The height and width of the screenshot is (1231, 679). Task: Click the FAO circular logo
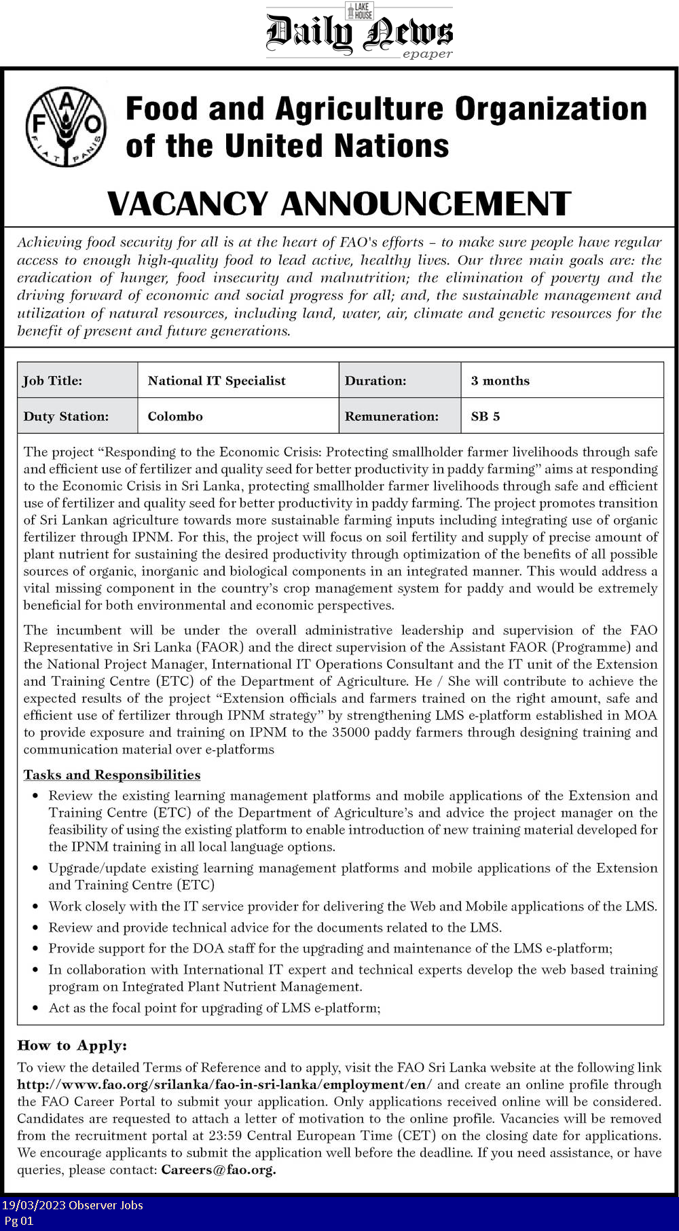(x=66, y=126)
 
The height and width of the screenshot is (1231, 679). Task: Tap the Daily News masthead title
(x=359, y=33)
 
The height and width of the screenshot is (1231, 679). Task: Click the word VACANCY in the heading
(x=188, y=204)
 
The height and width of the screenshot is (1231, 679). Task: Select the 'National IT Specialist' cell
(x=217, y=381)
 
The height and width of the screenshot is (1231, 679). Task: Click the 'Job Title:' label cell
(x=53, y=381)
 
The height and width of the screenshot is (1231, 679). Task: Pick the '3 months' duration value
(x=500, y=381)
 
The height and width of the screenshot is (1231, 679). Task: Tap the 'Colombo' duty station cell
(x=175, y=416)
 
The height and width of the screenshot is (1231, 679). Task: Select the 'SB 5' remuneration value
(x=485, y=416)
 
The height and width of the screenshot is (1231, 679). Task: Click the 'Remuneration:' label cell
(x=392, y=416)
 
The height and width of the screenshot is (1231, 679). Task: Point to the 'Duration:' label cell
(x=375, y=381)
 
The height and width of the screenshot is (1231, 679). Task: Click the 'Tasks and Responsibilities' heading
(x=112, y=775)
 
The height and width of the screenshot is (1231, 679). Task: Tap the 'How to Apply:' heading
(x=72, y=1045)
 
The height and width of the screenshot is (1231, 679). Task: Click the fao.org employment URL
(x=224, y=1084)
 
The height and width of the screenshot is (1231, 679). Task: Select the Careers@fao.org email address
(x=218, y=1169)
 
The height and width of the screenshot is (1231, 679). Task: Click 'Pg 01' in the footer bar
(x=18, y=1220)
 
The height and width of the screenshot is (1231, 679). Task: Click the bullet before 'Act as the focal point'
(x=35, y=1008)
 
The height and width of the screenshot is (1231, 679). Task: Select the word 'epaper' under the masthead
(x=427, y=54)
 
